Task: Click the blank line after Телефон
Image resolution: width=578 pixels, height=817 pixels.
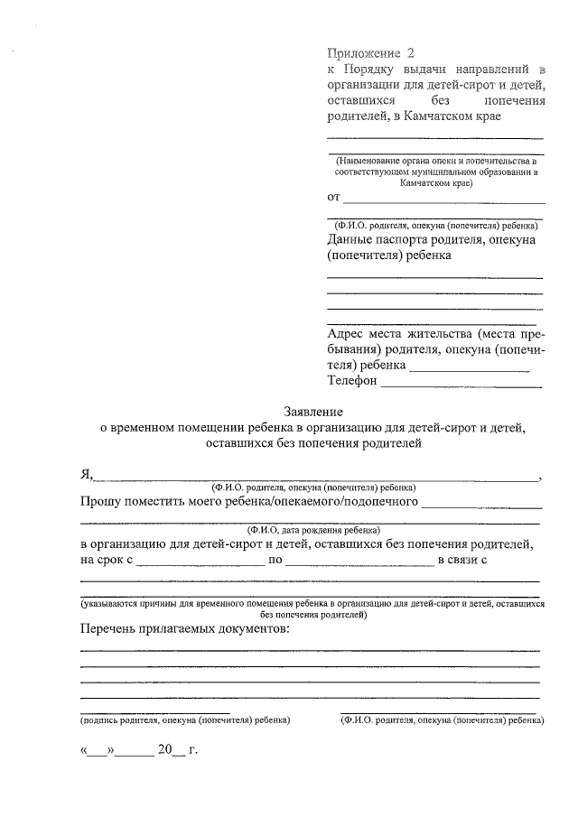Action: (x=461, y=385)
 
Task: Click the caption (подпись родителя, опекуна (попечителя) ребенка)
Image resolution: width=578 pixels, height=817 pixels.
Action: (x=184, y=721)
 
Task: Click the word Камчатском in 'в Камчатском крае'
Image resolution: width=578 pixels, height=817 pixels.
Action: (x=433, y=116)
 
